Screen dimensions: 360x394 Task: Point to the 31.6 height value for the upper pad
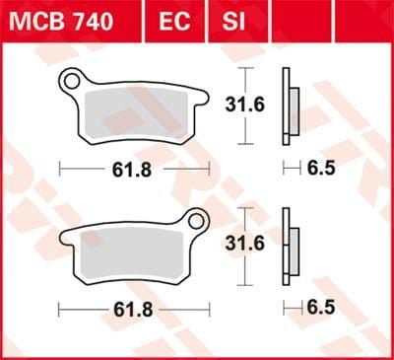pos(247,104)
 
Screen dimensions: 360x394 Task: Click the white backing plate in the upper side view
pos(286,104)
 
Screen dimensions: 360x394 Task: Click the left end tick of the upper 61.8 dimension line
pos(60,168)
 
